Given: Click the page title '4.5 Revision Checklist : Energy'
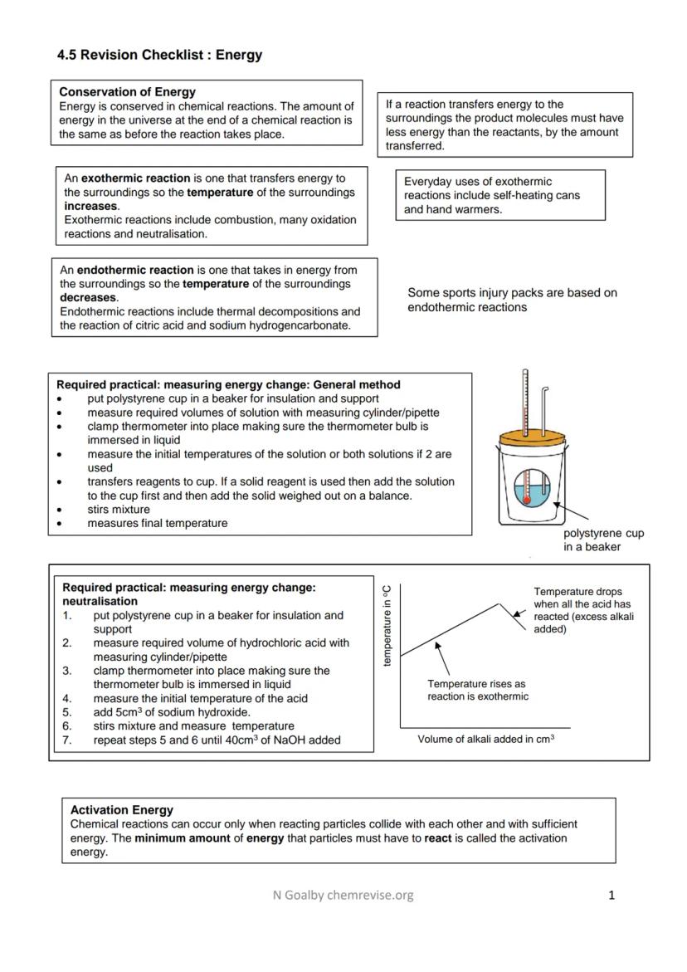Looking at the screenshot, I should (x=159, y=56).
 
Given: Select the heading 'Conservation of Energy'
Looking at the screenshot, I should (x=128, y=92).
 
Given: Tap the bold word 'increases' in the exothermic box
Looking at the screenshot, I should (x=91, y=206).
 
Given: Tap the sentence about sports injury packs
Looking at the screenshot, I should (x=511, y=300).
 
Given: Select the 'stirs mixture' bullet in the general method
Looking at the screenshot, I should (x=119, y=509).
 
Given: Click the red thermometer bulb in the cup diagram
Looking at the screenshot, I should (x=525, y=500).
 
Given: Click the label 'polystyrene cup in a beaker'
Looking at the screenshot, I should (x=603, y=540).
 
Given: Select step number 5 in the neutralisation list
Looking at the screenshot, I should (x=68, y=712).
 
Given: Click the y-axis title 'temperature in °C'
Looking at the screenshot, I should (x=387, y=625).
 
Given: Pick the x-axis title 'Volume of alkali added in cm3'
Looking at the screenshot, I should (x=485, y=740).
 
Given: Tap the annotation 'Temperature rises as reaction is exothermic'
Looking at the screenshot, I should (x=477, y=690).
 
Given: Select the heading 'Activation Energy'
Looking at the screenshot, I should (x=122, y=809).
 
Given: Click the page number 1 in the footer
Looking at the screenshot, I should (x=611, y=895).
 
